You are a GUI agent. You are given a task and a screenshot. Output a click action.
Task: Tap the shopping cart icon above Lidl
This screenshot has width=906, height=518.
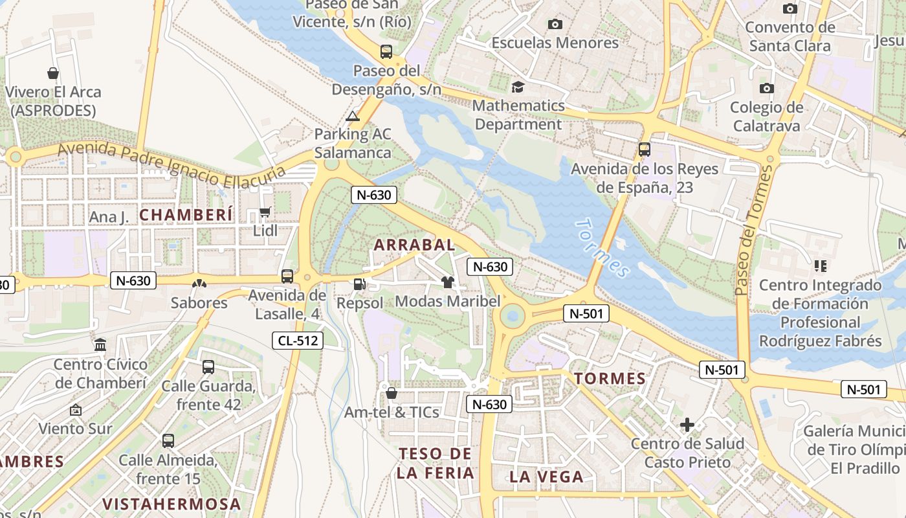pos(265,212)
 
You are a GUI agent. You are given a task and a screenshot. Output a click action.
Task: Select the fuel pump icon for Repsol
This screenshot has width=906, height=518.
pos(359,284)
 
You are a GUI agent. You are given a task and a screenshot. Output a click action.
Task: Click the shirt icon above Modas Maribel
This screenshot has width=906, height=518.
pos(447,282)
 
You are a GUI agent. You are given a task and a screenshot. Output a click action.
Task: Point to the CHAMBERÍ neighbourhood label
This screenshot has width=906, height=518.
pos(186,215)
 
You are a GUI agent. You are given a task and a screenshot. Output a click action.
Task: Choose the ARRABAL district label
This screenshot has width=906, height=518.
pos(415,245)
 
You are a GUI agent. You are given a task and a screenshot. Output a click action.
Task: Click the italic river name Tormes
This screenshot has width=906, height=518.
pos(602,248)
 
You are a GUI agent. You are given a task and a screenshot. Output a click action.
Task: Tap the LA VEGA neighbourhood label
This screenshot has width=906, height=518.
pos(546,477)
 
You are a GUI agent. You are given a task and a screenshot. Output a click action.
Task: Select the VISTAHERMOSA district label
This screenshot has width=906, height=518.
pos(171,504)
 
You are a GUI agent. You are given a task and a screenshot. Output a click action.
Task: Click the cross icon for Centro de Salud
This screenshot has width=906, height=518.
pos(687,425)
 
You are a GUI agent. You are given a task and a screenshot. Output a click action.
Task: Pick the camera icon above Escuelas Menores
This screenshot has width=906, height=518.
pos(555,25)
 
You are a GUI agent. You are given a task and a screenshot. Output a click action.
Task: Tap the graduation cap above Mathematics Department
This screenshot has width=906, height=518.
pos(518,87)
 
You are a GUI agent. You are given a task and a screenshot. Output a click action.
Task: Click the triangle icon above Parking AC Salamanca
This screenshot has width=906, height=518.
pos(352,117)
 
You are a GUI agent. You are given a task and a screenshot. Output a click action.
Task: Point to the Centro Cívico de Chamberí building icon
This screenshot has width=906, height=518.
pos(100,345)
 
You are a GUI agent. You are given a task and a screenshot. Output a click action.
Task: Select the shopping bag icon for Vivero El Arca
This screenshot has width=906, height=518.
pos(53,73)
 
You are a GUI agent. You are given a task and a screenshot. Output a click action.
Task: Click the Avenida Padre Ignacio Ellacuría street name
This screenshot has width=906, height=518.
pos(171,166)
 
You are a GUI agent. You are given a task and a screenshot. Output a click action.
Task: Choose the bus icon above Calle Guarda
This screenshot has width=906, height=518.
pos(208,367)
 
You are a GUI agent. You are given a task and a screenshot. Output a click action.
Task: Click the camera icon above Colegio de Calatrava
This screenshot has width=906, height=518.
pos(767,88)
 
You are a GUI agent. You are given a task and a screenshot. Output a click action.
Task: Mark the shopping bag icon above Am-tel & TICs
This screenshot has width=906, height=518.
pos(392,393)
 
